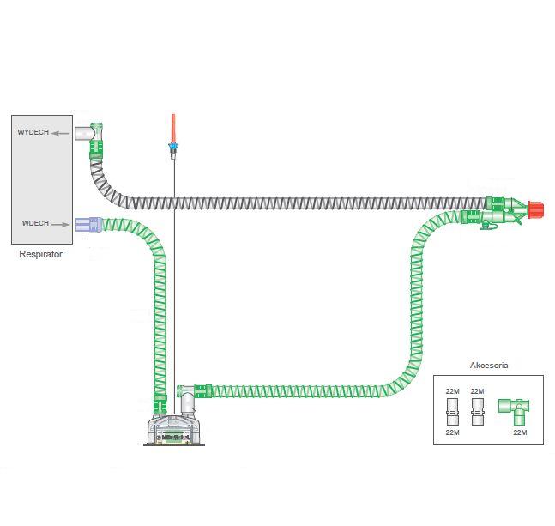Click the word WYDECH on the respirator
pyautogui.click(x=33, y=133)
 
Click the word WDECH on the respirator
pyautogui.click(x=34, y=224)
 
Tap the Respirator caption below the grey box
pyautogui.click(x=40, y=255)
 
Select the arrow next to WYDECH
pyautogui.click(x=60, y=133)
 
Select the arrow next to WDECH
pyautogui.click(x=60, y=224)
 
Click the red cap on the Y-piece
pyautogui.click(x=537, y=208)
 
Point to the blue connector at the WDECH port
pyautogui.click(x=85, y=225)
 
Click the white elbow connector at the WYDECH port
pyautogui.click(x=87, y=133)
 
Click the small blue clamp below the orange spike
pyautogui.click(x=172, y=148)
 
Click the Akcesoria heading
pyautogui.click(x=489, y=365)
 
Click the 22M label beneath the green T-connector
pyautogui.click(x=519, y=432)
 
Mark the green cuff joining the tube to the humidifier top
pyautogui.click(x=202, y=391)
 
